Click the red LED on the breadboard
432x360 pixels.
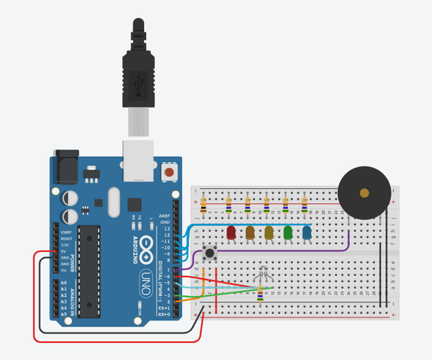pos(232,233)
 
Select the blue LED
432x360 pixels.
pos(307,233)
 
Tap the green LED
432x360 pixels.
pos(288,233)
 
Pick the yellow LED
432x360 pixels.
pos(269,233)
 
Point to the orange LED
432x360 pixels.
pos(251,233)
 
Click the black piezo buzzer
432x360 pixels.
pos(364,193)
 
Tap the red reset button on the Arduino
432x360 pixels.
pos(170,173)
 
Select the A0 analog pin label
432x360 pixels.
pos(63,283)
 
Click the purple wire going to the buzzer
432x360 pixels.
pos(317,252)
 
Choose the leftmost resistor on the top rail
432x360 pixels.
pos(204,204)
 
